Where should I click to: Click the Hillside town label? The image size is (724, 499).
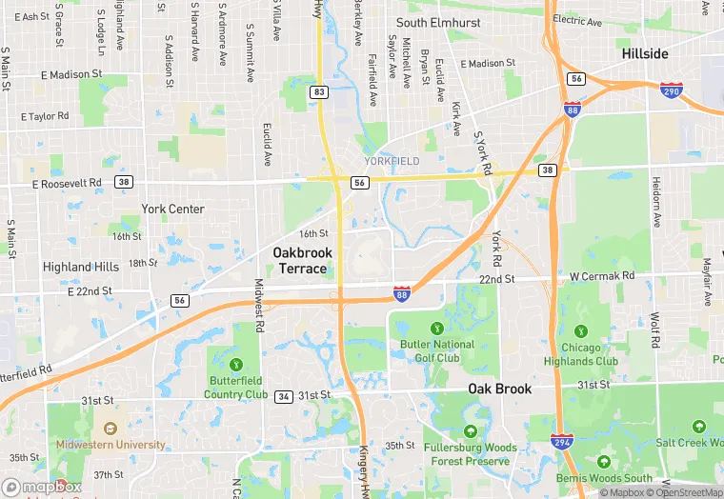[x=645, y=54]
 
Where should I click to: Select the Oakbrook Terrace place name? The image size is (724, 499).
[x=303, y=260]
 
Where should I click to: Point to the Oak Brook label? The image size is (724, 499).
[x=499, y=389]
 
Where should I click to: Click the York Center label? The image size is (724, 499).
[x=172, y=209]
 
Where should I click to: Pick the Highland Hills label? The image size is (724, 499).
[x=81, y=268]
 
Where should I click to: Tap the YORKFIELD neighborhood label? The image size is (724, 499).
[x=392, y=162]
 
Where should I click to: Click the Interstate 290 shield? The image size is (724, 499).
[x=671, y=90]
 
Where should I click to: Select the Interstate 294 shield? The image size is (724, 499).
[x=561, y=441]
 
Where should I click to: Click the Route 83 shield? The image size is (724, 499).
[x=319, y=92]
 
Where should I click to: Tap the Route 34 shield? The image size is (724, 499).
[x=283, y=395]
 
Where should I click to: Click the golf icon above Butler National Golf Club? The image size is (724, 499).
[x=437, y=329]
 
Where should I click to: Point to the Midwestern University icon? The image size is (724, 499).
[x=111, y=429]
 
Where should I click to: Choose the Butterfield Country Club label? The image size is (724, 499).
[x=235, y=387]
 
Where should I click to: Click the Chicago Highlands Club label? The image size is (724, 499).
[x=581, y=354]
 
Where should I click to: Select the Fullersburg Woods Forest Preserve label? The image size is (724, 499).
[x=472, y=454]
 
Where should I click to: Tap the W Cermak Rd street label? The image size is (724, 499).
[x=602, y=276]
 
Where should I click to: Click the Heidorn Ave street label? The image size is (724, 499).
[x=655, y=200]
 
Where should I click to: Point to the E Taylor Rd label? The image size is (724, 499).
[x=45, y=116]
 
